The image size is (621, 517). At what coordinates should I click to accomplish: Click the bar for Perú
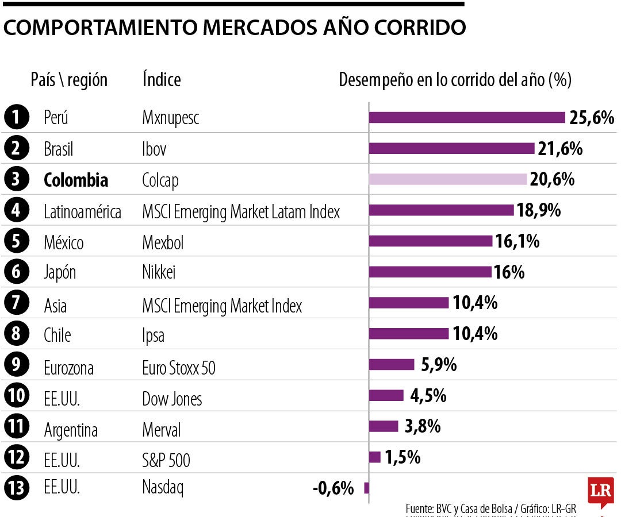point(467,117)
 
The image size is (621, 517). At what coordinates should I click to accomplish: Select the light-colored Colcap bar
point(448,179)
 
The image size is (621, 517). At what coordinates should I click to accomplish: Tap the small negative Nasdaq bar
point(366,488)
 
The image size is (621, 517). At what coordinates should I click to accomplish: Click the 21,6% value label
point(560,149)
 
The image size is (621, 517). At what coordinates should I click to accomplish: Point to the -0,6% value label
point(333,489)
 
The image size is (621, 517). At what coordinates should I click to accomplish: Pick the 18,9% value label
point(539,210)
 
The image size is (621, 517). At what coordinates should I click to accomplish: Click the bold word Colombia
point(76,180)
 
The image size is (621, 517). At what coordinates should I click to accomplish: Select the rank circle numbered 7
point(16,303)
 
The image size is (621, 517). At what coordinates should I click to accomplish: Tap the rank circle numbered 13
point(16,489)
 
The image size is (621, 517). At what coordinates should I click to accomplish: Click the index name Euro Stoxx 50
point(178,368)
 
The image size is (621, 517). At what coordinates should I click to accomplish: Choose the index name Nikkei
point(159,272)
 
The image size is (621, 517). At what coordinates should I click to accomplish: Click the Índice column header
point(162,79)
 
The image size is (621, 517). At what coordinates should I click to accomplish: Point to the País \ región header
point(69,79)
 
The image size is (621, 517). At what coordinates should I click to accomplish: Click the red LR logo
point(600,492)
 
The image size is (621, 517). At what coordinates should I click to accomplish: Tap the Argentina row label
point(71,430)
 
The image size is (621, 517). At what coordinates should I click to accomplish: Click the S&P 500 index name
point(166,460)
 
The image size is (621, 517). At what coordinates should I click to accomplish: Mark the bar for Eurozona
point(392,364)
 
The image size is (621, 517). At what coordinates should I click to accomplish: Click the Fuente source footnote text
point(490,508)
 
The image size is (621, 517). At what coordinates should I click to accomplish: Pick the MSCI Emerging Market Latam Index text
point(241,212)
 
